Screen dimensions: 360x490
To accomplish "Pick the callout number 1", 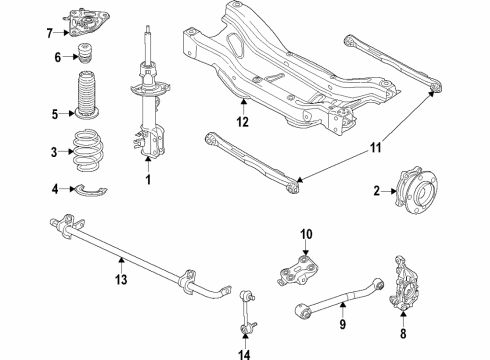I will pyautogui.click(x=148, y=181).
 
